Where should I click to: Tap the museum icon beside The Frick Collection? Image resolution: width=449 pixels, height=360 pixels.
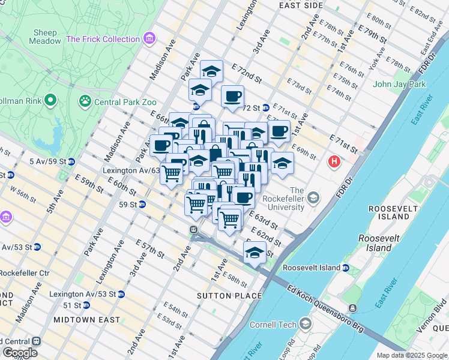(149, 40)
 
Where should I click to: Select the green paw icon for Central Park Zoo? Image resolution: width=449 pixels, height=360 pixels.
(85, 99)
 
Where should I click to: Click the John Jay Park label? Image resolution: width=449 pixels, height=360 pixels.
(399, 84)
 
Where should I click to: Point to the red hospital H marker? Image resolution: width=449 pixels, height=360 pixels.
(334, 161)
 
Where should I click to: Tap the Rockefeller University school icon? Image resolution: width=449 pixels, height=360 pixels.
(313, 197)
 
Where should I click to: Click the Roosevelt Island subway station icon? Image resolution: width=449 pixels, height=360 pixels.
(346, 268)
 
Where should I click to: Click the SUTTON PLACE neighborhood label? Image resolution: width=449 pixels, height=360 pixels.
(229, 296)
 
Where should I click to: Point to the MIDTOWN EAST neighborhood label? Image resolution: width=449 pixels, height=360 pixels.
(86, 320)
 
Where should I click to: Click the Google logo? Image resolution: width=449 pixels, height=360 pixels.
(20, 353)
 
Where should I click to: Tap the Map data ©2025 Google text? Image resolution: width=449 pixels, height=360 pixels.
(411, 355)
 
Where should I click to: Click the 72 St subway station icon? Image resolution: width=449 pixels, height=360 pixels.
(266, 108)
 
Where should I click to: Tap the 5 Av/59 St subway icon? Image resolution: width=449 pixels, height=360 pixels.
(71, 161)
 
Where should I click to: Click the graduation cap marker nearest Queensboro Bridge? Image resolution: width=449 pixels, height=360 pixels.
(255, 251)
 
